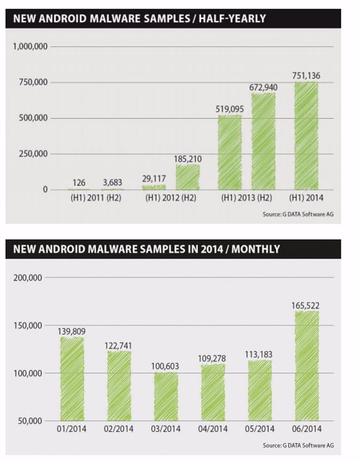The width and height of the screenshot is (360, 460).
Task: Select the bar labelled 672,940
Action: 263,142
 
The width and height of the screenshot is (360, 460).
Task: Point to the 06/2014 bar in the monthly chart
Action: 307,366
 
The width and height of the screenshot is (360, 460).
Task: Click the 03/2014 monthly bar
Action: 167,396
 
